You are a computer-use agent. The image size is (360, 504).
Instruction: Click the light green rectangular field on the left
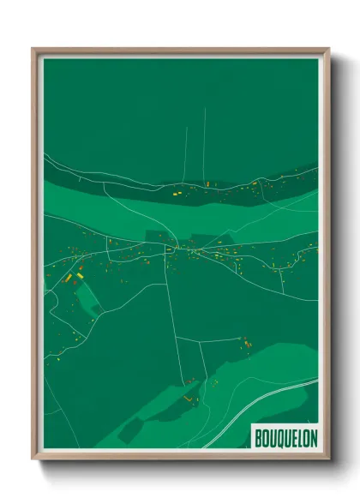coord(87,296)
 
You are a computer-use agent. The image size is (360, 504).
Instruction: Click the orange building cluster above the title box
coord(245,343)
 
